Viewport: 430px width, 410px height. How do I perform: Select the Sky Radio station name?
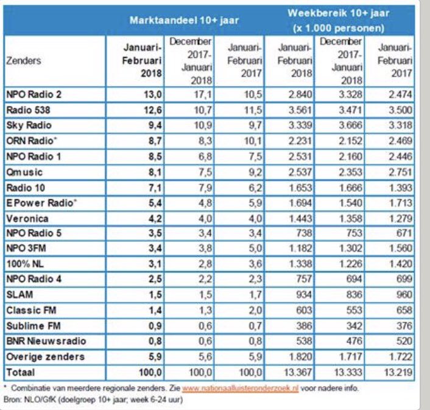tap(26, 125)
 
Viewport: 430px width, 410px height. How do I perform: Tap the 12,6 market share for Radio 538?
tap(152, 110)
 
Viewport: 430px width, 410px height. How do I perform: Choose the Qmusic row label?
tap(22, 172)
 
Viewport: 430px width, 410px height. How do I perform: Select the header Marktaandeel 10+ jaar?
tap(184, 19)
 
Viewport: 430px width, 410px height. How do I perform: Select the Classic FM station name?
tap(28, 310)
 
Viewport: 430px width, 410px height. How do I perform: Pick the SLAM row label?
tap(19, 294)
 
